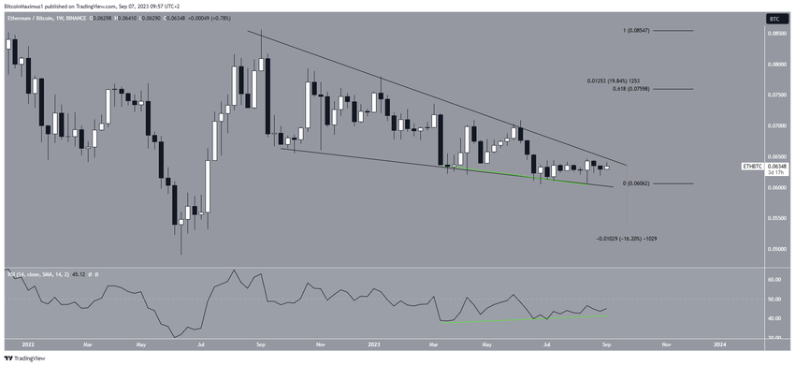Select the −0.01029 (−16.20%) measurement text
(632, 240)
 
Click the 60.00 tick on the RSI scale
(773, 280)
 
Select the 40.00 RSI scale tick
(773, 318)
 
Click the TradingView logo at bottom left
(29, 357)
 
